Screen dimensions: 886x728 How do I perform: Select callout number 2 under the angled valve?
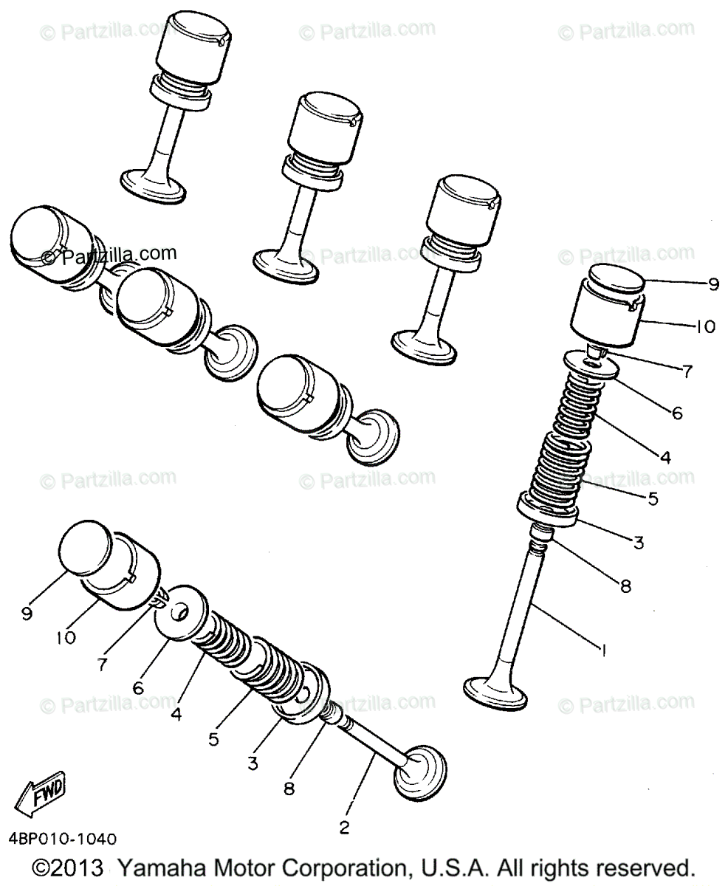(344, 827)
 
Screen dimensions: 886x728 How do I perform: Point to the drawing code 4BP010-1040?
(63, 839)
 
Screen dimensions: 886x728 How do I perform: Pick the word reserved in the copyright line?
(649, 867)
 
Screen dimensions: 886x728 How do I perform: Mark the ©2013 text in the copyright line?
(71, 867)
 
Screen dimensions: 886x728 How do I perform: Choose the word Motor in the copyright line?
(232, 867)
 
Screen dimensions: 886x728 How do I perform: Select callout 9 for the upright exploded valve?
(713, 284)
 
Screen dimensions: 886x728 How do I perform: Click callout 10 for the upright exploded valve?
(705, 326)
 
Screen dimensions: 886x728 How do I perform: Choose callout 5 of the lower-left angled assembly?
(213, 738)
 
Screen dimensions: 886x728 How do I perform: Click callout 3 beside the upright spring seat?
(639, 543)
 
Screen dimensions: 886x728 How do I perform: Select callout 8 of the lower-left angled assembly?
(289, 789)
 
